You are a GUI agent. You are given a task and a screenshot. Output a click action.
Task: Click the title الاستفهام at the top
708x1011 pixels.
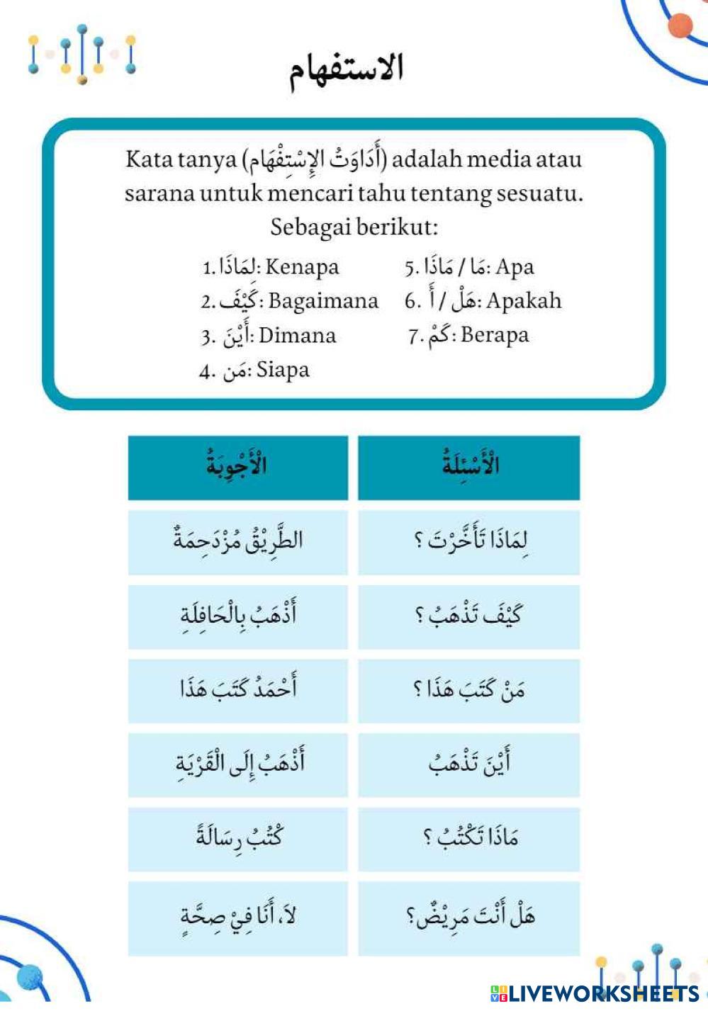point(347,69)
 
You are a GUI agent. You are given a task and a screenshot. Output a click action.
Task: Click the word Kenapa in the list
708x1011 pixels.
point(302,267)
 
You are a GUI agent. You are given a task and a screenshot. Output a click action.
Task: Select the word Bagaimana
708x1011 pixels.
point(323,301)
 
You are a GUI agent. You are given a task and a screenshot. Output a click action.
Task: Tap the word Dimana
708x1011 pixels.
point(297,335)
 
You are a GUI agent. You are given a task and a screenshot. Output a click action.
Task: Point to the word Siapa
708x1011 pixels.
point(283,369)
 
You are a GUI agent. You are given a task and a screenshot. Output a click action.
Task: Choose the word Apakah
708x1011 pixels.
point(524,301)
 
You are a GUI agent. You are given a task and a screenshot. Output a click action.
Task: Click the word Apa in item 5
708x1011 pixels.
point(515,267)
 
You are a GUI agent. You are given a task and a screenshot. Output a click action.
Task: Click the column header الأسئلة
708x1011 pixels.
point(469,466)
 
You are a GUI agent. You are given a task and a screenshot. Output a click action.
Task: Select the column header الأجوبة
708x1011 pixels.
point(237,466)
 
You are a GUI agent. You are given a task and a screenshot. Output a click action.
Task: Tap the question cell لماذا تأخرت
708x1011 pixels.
point(469,542)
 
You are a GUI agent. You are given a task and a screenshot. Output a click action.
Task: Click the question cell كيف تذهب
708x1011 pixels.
point(469,616)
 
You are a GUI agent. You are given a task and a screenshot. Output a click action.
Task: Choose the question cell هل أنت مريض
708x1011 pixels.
point(469,917)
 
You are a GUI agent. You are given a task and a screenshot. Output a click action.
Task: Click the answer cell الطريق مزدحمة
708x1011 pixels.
point(237,542)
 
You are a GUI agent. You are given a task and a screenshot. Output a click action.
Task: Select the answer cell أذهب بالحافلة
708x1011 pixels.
point(237,616)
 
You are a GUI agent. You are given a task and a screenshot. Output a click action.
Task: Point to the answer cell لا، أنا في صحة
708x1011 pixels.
point(237,917)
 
